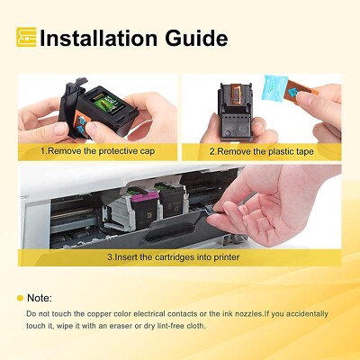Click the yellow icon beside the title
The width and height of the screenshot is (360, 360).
[x=27, y=37]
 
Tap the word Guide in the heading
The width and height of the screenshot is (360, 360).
[x=193, y=38]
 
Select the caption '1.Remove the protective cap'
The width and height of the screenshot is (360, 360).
[x=97, y=151]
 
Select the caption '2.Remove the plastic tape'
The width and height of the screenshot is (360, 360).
[x=261, y=151]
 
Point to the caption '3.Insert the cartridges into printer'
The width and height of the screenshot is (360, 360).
[x=179, y=256]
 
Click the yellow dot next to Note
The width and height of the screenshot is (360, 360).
[x=20, y=297]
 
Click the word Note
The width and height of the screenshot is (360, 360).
[x=40, y=297]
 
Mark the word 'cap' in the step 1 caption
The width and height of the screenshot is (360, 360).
[x=148, y=151]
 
